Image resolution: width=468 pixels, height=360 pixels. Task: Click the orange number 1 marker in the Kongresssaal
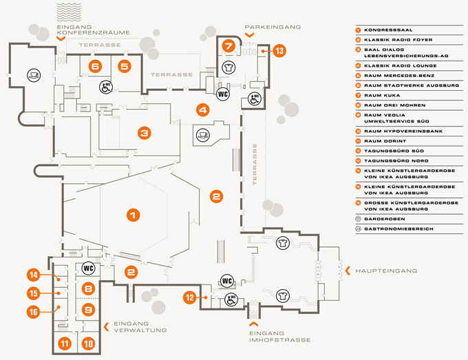(133, 215)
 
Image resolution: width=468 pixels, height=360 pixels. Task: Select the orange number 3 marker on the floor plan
(145, 133)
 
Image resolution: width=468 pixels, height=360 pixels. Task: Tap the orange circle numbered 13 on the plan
(279, 51)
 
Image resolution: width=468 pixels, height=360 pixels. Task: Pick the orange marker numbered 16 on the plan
(33, 312)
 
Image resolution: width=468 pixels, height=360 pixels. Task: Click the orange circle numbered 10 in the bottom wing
(88, 343)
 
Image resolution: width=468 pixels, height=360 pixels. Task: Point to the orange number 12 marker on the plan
(190, 297)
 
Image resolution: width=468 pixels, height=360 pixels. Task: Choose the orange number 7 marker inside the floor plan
(228, 46)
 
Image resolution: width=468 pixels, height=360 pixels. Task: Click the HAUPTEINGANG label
(386, 271)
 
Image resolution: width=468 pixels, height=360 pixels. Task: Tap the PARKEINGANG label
(273, 27)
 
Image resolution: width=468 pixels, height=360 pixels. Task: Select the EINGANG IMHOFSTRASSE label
(280, 337)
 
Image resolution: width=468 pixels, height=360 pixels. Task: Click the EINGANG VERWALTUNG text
(140, 327)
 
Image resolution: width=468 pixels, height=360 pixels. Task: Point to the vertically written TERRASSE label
(255, 165)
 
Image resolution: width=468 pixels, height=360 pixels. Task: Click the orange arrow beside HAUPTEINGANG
(348, 271)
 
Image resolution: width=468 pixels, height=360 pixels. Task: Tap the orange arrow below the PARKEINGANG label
(250, 35)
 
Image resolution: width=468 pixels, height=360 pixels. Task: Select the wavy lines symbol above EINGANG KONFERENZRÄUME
(69, 12)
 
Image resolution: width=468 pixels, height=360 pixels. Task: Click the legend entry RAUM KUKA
(382, 95)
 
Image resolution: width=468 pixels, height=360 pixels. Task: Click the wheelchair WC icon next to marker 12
(231, 299)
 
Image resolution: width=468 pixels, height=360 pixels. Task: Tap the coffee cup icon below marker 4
(203, 134)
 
